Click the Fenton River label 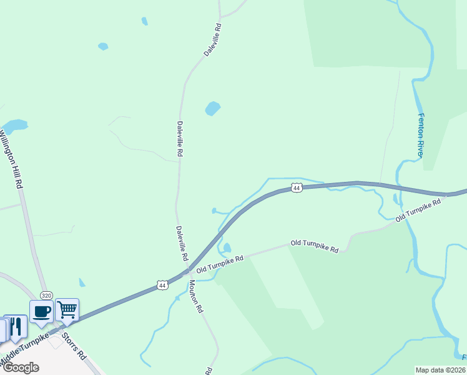(x=421, y=136)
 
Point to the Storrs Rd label (x=73, y=347)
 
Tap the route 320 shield (x=46, y=295)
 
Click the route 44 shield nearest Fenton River (x=297, y=188)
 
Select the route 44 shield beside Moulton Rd (x=162, y=284)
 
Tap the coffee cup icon (x=42, y=311)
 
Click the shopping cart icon (x=67, y=309)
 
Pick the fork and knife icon (x=16, y=326)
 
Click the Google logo (x=20, y=367)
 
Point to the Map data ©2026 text (x=440, y=370)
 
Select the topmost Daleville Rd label (x=213, y=41)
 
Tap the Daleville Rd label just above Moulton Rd (x=182, y=243)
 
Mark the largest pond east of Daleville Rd (x=213, y=109)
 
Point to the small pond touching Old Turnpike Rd (x=227, y=247)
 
